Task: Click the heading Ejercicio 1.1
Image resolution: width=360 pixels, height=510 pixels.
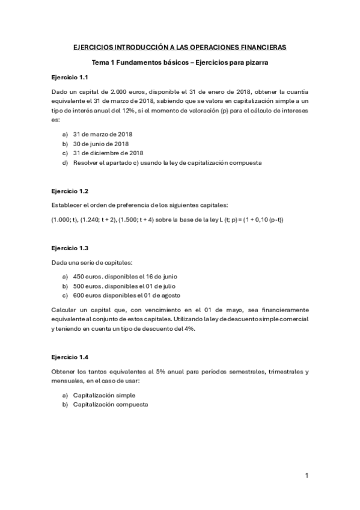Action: pyautogui.click(x=70, y=78)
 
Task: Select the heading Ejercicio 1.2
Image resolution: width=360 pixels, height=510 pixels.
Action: pyautogui.click(x=70, y=191)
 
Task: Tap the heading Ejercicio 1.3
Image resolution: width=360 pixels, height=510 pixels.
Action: pyautogui.click(x=70, y=248)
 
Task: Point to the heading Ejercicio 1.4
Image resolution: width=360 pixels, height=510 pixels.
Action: pyautogui.click(x=70, y=357)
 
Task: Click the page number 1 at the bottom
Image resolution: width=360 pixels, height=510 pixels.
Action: pyautogui.click(x=307, y=476)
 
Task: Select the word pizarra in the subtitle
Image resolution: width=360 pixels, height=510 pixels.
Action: pyautogui.click(x=255, y=62)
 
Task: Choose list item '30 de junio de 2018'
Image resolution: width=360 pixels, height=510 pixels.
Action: pyautogui.click(x=101, y=144)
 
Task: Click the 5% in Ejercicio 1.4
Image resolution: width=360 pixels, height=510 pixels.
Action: pyautogui.click(x=136, y=372)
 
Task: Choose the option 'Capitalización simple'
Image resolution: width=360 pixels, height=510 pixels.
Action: pyautogui.click(x=104, y=395)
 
